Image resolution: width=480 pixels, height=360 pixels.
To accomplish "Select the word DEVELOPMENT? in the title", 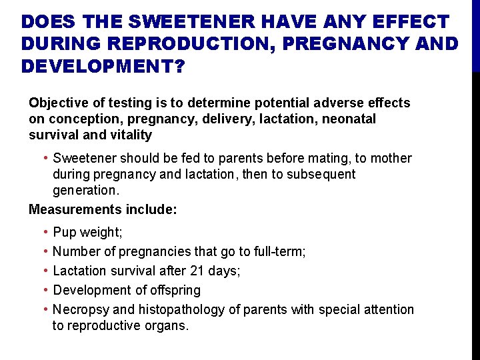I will pos(104,67).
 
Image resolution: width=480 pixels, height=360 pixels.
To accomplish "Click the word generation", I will pos(86,191).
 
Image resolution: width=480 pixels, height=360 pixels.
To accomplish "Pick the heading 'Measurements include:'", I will pos(103,209).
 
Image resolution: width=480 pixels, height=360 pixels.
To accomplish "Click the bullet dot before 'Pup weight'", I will pos(44,233).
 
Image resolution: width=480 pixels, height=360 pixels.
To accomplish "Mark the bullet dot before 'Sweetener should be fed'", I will pos(44,159).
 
